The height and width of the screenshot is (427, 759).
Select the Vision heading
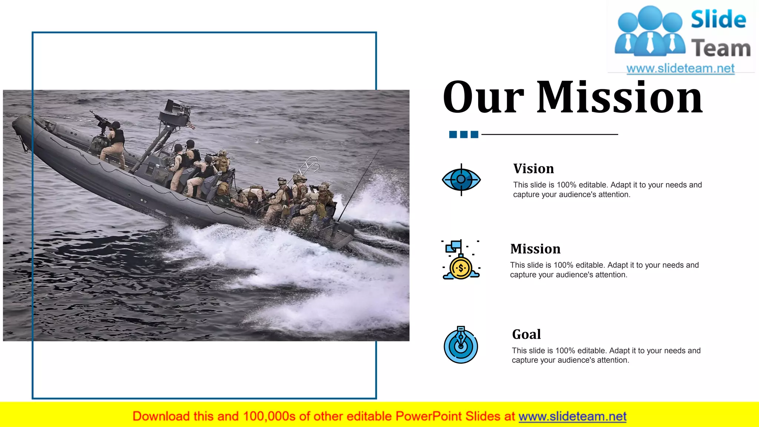(x=533, y=169)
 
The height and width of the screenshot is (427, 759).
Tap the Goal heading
(x=526, y=334)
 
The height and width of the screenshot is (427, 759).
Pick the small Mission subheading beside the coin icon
(x=535, y=249)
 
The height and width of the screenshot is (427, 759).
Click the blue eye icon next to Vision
(x=461, y=180)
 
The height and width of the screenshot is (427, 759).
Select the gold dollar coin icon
(x=461, y=268)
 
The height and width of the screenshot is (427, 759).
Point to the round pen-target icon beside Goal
(x=461, y=345)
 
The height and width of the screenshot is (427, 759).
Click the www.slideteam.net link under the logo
(x=680, y=69)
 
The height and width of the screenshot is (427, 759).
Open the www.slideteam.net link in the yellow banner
(x=572, y=416)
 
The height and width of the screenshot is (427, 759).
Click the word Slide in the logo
(x=718, y=20)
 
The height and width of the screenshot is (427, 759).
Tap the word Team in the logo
(x=721, y=49)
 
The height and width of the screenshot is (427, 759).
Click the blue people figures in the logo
(x=650, y=32)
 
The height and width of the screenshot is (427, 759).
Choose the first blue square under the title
(x=453, y=134)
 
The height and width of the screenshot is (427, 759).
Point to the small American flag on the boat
(x=191, y=125)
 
